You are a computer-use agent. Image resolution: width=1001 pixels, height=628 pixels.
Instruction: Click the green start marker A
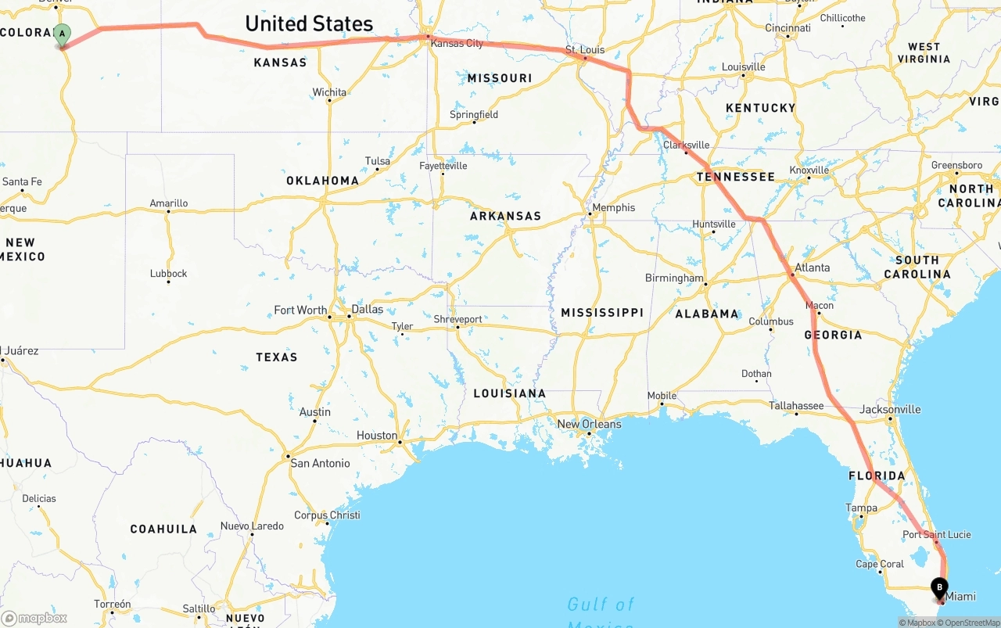click(x=62, y=34)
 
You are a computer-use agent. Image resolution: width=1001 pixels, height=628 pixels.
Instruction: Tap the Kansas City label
click(x=457, y=43)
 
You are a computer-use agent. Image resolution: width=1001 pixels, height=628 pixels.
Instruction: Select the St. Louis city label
click(x=585, y=50)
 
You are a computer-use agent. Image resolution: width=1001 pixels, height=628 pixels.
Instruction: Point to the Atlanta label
click(x=813, y=267)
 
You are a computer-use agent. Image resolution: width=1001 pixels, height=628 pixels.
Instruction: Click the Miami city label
click(x=961, y=596)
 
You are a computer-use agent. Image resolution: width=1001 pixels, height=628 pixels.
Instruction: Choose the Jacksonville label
click(x=890, y=409)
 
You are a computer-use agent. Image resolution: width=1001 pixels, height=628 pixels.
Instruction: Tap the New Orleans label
click(x=589, y=424)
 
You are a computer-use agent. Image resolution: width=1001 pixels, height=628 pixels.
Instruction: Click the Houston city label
click(x=377, y=435)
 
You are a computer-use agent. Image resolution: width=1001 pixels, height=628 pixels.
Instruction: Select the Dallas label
click(x=368, y=309)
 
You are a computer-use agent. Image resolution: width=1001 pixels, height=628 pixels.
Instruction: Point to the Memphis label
click(x=614, y=207)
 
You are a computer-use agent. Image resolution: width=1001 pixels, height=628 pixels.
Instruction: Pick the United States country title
click(x=309, y=23)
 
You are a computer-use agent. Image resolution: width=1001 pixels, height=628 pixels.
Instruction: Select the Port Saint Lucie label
click(x=937, y=534)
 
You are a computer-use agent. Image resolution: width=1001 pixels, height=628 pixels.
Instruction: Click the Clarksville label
click(x=687, y=145)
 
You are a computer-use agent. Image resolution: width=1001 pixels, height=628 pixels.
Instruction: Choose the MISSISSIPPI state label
click(x=602, y=312)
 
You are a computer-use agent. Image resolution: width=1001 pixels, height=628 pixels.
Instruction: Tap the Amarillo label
click(x=169, y=203)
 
